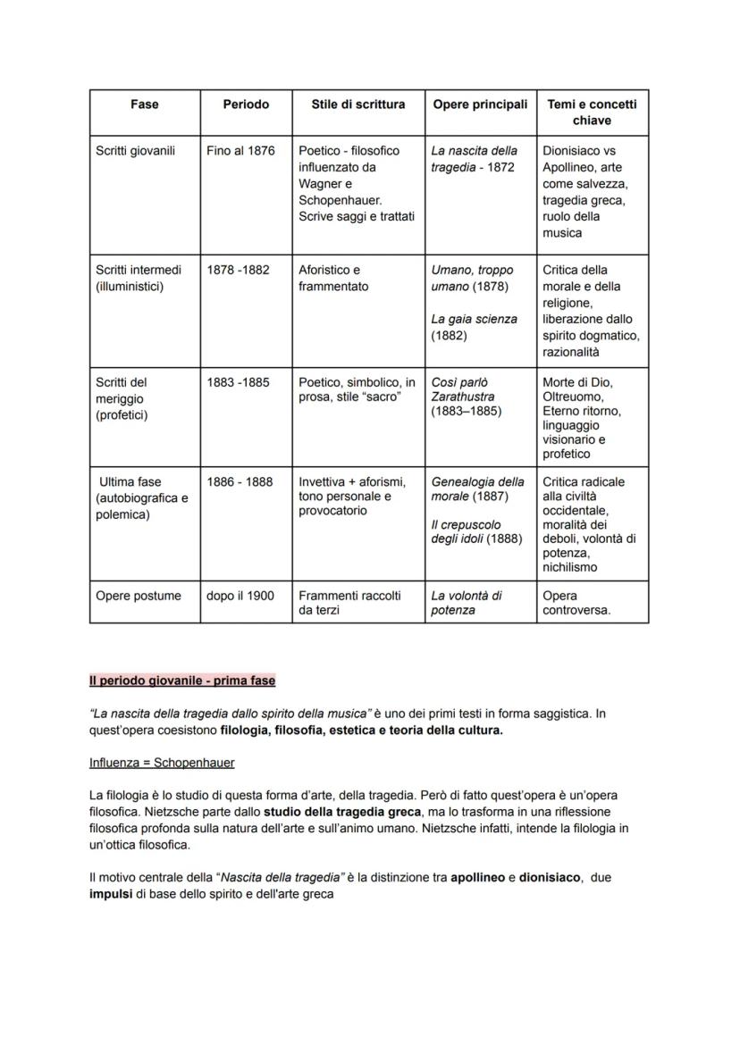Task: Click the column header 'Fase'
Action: tap(144, 104)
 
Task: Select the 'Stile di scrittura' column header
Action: tap(357, 104)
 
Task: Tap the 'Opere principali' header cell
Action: tap(480, 104)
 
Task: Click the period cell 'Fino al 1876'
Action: tap(240, 151)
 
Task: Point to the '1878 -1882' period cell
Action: tap(238, 270)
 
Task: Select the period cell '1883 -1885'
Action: tap(238, 382)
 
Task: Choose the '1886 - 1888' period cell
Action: tap(240, 482)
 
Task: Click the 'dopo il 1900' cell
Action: tap(240, 596)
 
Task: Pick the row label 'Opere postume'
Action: tap(138, 596)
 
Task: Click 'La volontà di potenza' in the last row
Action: tap(467, 603)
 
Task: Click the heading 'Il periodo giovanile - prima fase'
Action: tap(182, 681)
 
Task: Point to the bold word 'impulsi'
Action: tap(111, 894)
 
